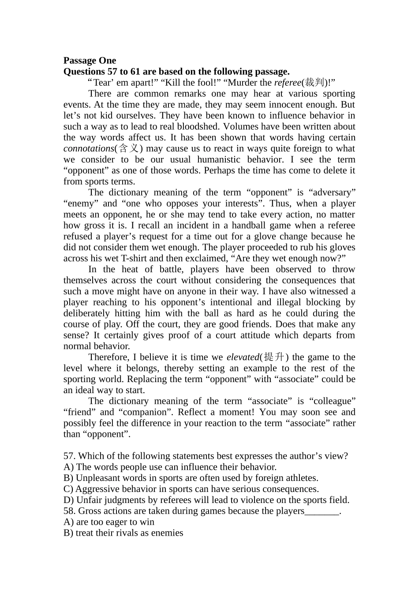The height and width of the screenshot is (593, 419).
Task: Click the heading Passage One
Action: [x=90, y=60]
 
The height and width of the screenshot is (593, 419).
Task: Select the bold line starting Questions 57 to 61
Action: [x=176, y=71]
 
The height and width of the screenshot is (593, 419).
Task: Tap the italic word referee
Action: [x=287, y=83]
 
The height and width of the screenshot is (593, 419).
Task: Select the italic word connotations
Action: [x=88, y=149]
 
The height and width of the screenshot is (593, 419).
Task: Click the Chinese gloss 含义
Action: [x=128, y=149]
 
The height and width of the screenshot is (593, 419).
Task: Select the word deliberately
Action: [x=86, y=313]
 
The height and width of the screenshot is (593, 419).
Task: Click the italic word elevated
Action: [x=242, y=357]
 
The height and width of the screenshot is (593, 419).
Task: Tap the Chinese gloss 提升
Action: [x=274, y=357]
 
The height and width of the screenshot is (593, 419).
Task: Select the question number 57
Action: [x=69, y=456]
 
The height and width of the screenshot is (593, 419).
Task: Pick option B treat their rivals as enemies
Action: [x=123, y=533]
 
